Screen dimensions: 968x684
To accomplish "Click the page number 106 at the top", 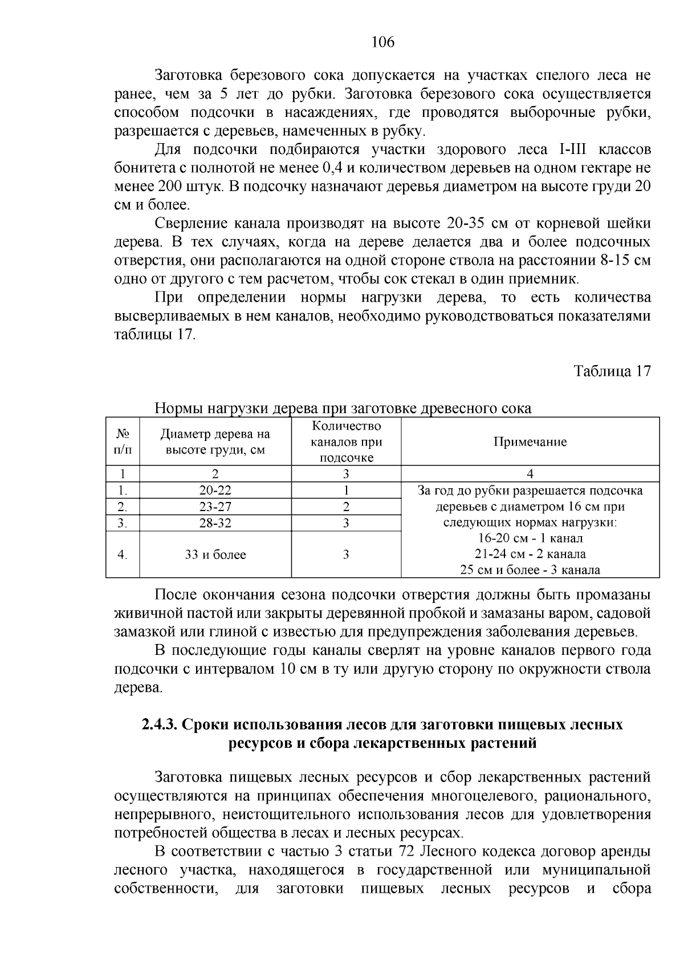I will (382, 42).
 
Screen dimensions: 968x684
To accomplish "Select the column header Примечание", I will (530, 442).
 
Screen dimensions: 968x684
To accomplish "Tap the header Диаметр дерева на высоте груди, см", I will (215, 442).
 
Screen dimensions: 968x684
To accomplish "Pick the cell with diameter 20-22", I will (215, 491).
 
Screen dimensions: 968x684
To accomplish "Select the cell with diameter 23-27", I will (215, 507).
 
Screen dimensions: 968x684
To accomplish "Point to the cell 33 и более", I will (215, 554).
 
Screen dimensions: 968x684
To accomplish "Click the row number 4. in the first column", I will (122, 554).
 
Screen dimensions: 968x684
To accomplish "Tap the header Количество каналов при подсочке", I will (346, 442).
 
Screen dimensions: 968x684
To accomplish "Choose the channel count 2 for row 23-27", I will (346, 507).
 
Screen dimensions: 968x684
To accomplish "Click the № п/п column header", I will (122, 442).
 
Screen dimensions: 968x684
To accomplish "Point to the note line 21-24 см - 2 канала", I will (530, 554).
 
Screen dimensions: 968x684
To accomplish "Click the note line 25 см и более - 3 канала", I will (530, 570).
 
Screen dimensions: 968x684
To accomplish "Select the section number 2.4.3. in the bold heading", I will (160, 725).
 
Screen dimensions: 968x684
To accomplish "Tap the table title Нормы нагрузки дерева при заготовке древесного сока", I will (343, 408).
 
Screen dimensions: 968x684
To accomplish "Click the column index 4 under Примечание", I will (530, 474).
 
